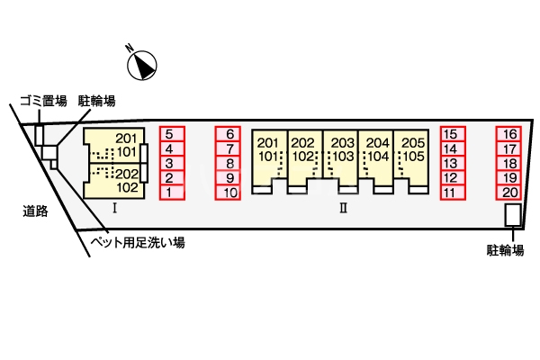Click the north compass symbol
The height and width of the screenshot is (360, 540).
tap(143, 63)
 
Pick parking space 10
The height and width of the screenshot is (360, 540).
tap(229, 192)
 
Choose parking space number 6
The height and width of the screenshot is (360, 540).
tap(229, 134)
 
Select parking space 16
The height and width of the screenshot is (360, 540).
tap(509, 134)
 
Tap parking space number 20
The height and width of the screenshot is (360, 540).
tap(509, 192)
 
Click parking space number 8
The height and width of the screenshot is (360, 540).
tap(229, 163)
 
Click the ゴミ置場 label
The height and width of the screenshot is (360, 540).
tap(42, 101)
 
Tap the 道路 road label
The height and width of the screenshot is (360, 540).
tap(35, 212)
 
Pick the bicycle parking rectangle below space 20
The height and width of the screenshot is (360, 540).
tap(511, 215)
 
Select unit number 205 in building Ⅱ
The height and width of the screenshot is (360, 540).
tap(412, 142)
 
